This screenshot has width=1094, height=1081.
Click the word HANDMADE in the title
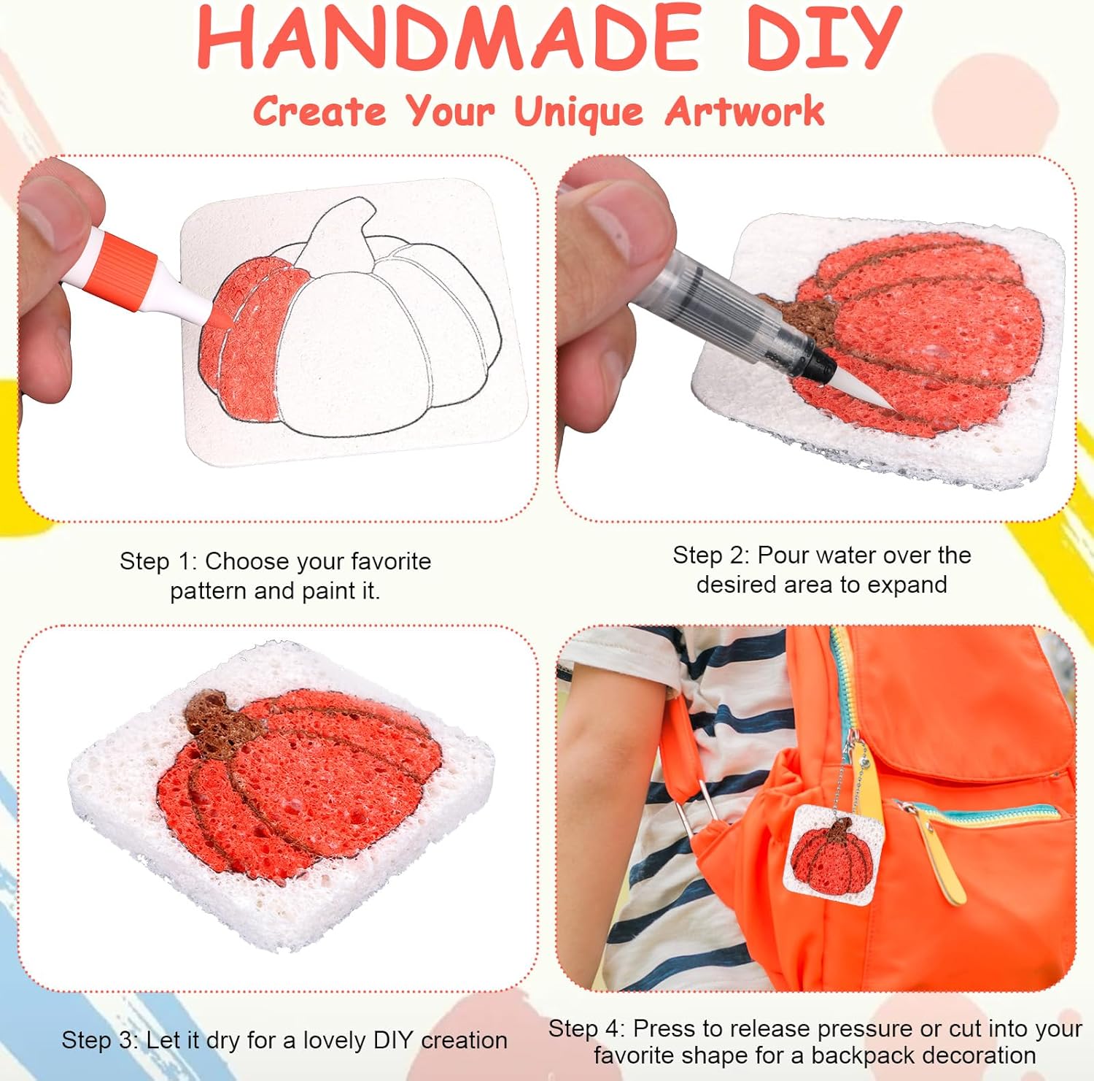coord(449,36)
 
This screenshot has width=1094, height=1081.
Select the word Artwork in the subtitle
coord(745,112)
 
